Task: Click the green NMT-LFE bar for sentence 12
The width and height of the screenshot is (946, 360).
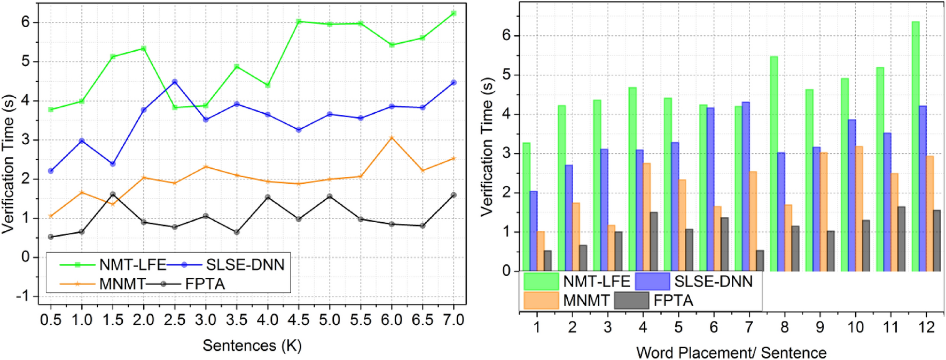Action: (915, 146)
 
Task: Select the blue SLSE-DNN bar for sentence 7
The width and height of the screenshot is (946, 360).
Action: (746, 187)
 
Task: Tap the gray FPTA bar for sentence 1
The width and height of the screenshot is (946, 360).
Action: (548, 261)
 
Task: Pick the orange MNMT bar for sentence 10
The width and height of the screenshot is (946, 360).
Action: (859, 209)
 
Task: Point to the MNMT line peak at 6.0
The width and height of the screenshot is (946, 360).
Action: (392, 138)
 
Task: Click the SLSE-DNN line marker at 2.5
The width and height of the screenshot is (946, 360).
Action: (175, 82)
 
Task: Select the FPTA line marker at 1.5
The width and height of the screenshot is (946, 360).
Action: (113, 194)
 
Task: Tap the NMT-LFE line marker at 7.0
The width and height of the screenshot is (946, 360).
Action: (454, 13)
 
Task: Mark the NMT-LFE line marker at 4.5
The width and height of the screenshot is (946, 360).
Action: (299, 21)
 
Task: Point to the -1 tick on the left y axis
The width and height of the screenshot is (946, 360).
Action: (24, 296)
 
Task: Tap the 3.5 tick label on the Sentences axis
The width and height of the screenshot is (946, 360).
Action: (237, 320)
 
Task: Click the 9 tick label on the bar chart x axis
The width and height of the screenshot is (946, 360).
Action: (820, 327)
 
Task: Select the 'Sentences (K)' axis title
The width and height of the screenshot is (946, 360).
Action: (252, 346)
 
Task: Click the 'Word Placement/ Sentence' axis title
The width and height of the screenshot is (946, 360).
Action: (731, 353)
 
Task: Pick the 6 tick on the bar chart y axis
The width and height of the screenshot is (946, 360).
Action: (506, 35)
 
